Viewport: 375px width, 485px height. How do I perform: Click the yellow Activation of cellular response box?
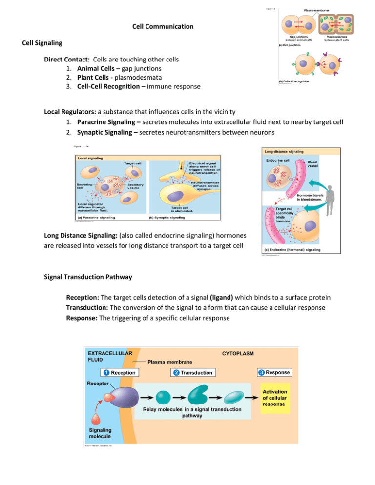click(x=275, y=398)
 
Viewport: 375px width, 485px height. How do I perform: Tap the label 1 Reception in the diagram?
click(x=119, y=373)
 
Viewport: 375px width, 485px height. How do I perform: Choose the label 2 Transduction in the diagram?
click(x=192, y=373)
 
